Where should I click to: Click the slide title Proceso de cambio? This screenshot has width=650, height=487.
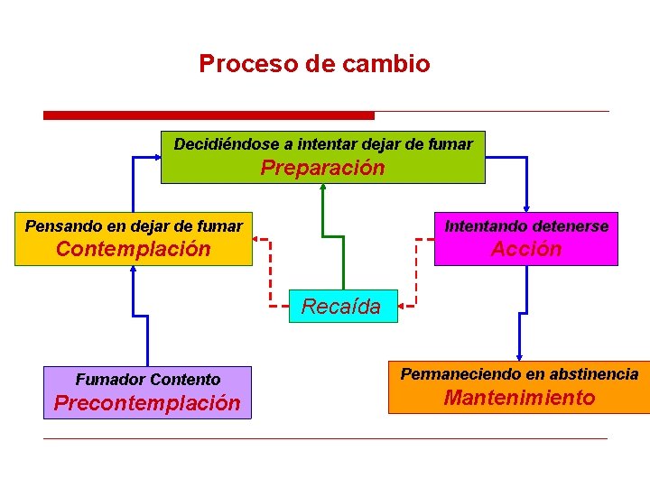314,64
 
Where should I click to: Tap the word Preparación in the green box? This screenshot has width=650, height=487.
322,168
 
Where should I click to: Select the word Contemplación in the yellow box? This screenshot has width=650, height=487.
133,249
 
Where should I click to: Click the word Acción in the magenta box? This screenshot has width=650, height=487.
526,249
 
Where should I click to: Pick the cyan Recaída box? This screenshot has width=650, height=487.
341,307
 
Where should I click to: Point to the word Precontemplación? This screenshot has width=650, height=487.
147,403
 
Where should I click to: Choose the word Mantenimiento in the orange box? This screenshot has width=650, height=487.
520,398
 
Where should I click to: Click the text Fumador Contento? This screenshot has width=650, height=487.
147,380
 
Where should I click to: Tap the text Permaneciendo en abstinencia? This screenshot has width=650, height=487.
519,373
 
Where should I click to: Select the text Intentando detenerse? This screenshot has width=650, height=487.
526,225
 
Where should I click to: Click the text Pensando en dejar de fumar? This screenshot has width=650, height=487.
134,225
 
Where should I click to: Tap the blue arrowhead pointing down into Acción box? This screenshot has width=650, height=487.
525,205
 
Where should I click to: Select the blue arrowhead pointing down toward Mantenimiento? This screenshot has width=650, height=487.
519,355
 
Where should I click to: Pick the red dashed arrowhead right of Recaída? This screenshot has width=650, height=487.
404,307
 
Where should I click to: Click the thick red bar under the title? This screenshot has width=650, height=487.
209,115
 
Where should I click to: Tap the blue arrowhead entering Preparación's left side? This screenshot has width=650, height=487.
155,157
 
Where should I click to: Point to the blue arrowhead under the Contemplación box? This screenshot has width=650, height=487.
133,271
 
